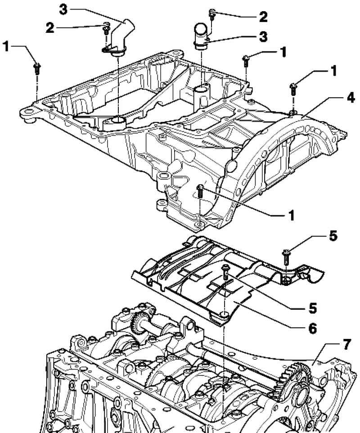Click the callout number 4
pyautogui.click(x=351, y=98)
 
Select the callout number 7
pyautogui.click(x=347, y=344)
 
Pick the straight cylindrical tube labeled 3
pyautogui.click(x=202, y=36)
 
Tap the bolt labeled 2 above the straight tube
pyautogui.click(x=212, y=14)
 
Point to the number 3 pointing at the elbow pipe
pyautogui.click(x=63, y=9)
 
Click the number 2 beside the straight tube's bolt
pyautogui.click(x=263, y=17)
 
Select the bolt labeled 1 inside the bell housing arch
pyautogui.click(x=200, y=191)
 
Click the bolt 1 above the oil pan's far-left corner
pyautogui.click(x=37, y=69)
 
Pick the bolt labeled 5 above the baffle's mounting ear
pyautogui.click(x=286, y=256)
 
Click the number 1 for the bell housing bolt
pyautogui.click(x=291, y=216)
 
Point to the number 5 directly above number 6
pyautogui.click(x=312, y=308)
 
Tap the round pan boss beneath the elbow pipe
pyautogui.click(x=114, y=123)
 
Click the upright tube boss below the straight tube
pyautogui.click(x=201, y=98)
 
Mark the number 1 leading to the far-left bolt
pyautogui.click(x=6, y=46)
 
